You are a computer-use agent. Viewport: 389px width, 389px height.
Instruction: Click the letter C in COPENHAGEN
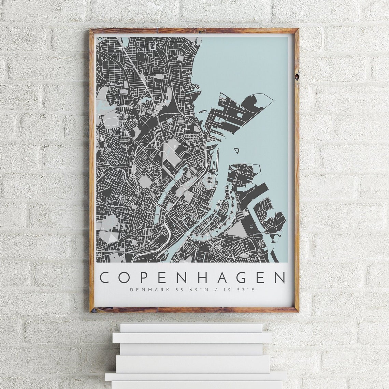pyautogui.click(x=105, y=277)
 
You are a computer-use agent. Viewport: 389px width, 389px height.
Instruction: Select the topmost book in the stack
pyautogui.click(x=191, y=328)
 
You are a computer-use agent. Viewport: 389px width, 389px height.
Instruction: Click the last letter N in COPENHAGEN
pyautogui.click(x=279, y=277)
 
